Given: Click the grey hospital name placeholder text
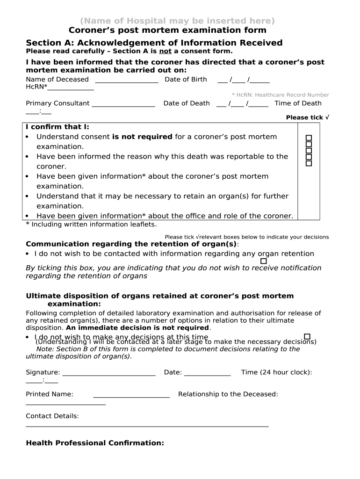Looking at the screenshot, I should [177, 21].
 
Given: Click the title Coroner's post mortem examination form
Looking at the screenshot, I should [167, 30].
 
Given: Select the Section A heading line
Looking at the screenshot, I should [154, 43].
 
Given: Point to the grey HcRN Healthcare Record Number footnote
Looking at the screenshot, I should [280, 95].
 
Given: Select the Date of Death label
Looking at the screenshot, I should [187, 103].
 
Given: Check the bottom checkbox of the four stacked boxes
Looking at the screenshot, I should [309, 163].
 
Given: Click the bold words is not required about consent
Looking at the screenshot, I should [142, 137].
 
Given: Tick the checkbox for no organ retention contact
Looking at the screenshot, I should [264, 261].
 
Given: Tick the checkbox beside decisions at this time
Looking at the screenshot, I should [307, 336].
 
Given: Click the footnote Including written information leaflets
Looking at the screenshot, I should [91, 225].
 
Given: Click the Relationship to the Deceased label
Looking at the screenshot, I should [228, 394].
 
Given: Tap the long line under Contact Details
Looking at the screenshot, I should [147, 426].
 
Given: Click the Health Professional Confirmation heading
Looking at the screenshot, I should [95, 443].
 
